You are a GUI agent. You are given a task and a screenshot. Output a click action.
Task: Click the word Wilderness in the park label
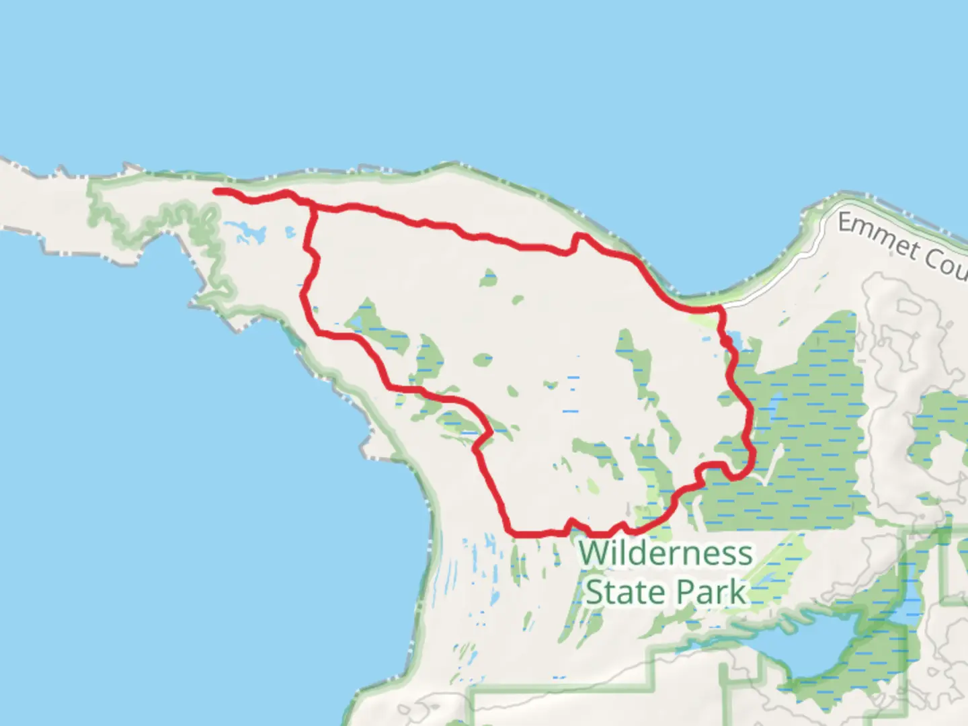[x=665, y=554]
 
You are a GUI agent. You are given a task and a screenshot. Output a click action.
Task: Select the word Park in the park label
[x=711, y=592]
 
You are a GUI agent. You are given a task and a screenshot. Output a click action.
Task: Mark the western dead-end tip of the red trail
[x=216, y=192]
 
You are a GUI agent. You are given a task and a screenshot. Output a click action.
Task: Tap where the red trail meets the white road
[x=721, y=308]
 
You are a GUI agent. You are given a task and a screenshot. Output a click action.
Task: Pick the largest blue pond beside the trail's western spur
[x=250, y=235]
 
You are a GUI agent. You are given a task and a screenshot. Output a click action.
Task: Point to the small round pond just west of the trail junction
[x=290, y=233]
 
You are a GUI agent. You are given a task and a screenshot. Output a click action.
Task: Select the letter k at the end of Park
[x=739, y=592]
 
